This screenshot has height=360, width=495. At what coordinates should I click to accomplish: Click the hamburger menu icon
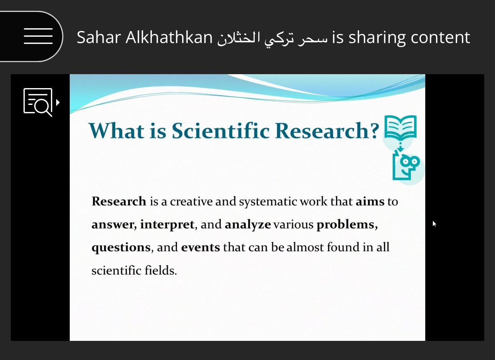(x=38, y=36)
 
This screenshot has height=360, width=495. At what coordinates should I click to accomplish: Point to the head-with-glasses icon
(x=406, y=167)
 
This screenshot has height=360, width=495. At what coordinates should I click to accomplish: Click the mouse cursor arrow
(x=434, y=224)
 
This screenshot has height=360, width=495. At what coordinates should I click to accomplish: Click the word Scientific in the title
(x=220, y=131)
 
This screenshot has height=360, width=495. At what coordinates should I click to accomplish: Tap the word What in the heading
(x=116, y=131)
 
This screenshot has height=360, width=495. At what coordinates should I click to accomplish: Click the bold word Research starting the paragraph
(x=119, y=201)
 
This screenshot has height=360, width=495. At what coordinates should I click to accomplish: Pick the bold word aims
(x=370, y=201)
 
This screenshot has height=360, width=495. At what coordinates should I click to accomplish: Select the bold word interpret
(x=167, y=224)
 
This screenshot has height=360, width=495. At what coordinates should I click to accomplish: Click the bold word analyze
(x=248, y=225)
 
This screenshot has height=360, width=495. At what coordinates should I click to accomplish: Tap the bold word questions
(x=121, y=248)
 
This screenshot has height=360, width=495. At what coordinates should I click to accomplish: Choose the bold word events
(x=200, y=247)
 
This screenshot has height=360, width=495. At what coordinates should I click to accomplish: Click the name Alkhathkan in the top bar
(x=169, y=37)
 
